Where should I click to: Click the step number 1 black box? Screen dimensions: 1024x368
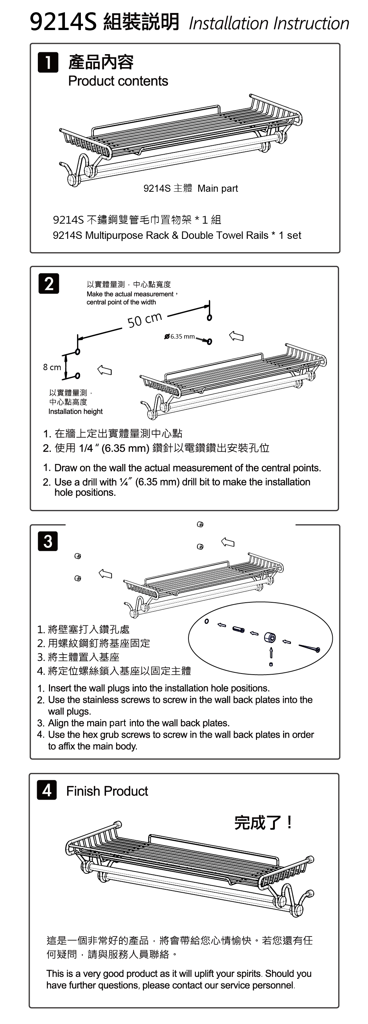coord(48,62)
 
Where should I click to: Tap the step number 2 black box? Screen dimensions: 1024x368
coord(49,283)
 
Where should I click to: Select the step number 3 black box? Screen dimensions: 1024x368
coord(48,541)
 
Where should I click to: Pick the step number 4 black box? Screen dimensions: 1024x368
coord(47,790)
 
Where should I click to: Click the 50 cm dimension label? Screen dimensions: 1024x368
coord(145,319)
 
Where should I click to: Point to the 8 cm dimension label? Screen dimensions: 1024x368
coord(52,367)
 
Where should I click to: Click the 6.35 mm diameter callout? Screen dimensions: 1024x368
coord(182,337)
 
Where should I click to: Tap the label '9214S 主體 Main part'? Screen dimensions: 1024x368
coord(190,188)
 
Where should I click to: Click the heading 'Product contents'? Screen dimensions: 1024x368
coord(118,81)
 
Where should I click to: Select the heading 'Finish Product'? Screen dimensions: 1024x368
coord(107,791)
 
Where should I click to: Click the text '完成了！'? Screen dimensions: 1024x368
coord(263,823)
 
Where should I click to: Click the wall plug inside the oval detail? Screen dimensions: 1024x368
coord(239,630)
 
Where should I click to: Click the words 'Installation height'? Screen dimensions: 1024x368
coord(76,411)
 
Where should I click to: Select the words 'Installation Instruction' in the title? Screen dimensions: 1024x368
coord(269,23)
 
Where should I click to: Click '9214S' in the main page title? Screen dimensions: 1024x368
coord(63,23)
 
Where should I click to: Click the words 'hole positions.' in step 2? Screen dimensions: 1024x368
coord(85,493)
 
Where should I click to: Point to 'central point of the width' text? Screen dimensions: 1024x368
coord(121,302)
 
